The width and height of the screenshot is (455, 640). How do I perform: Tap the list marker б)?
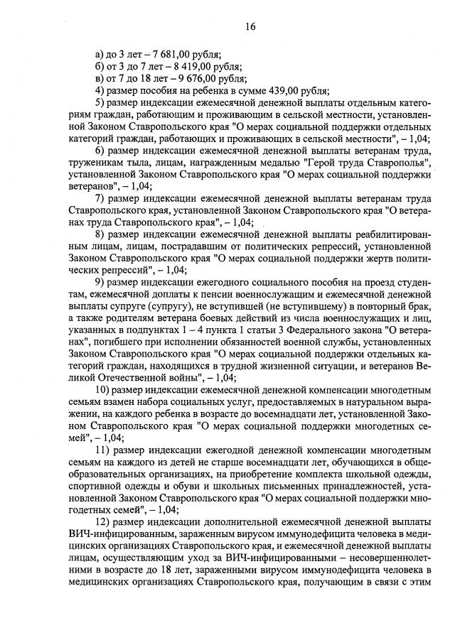pyautogui.click(x=100, y=67)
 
